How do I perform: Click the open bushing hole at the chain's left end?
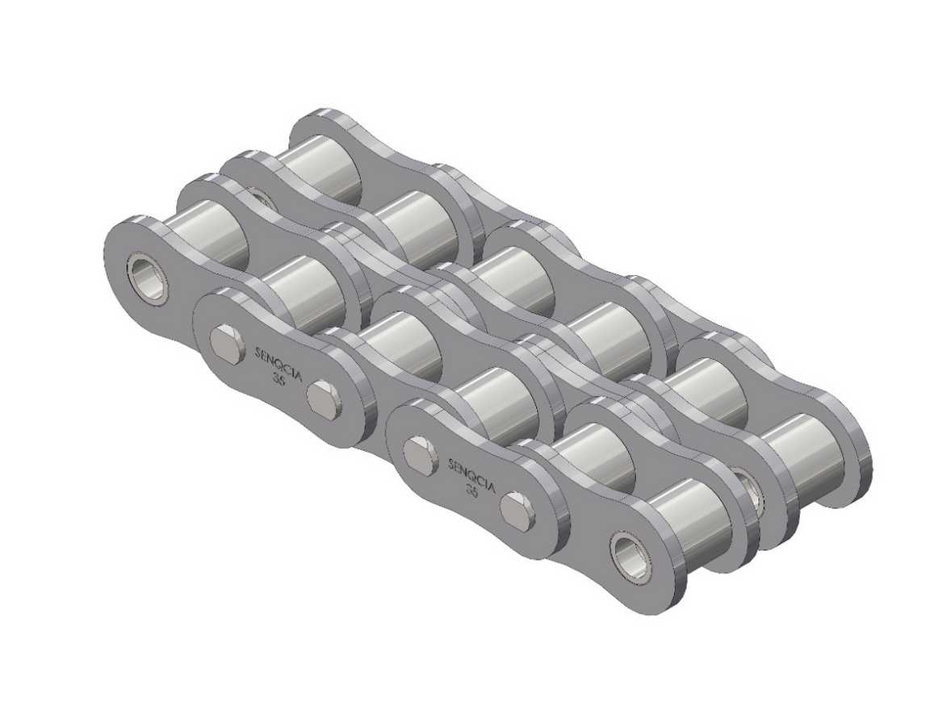147,278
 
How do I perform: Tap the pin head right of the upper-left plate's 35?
325,399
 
